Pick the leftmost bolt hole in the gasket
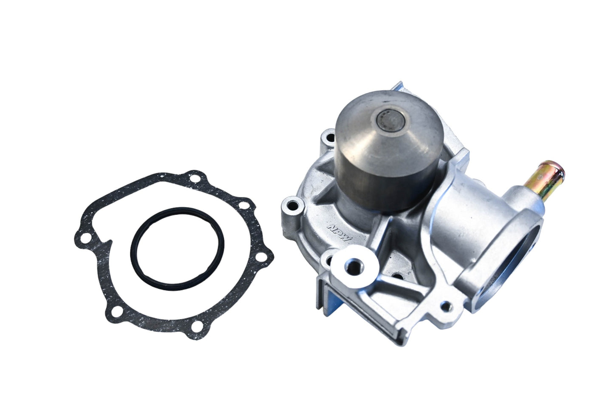tap(85, 236)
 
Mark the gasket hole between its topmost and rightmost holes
tap(243, 205)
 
